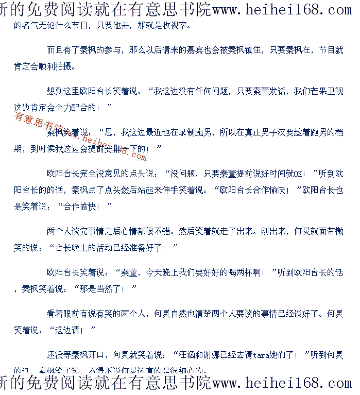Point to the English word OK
click(299, 174)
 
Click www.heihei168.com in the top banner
click(282, 10)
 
